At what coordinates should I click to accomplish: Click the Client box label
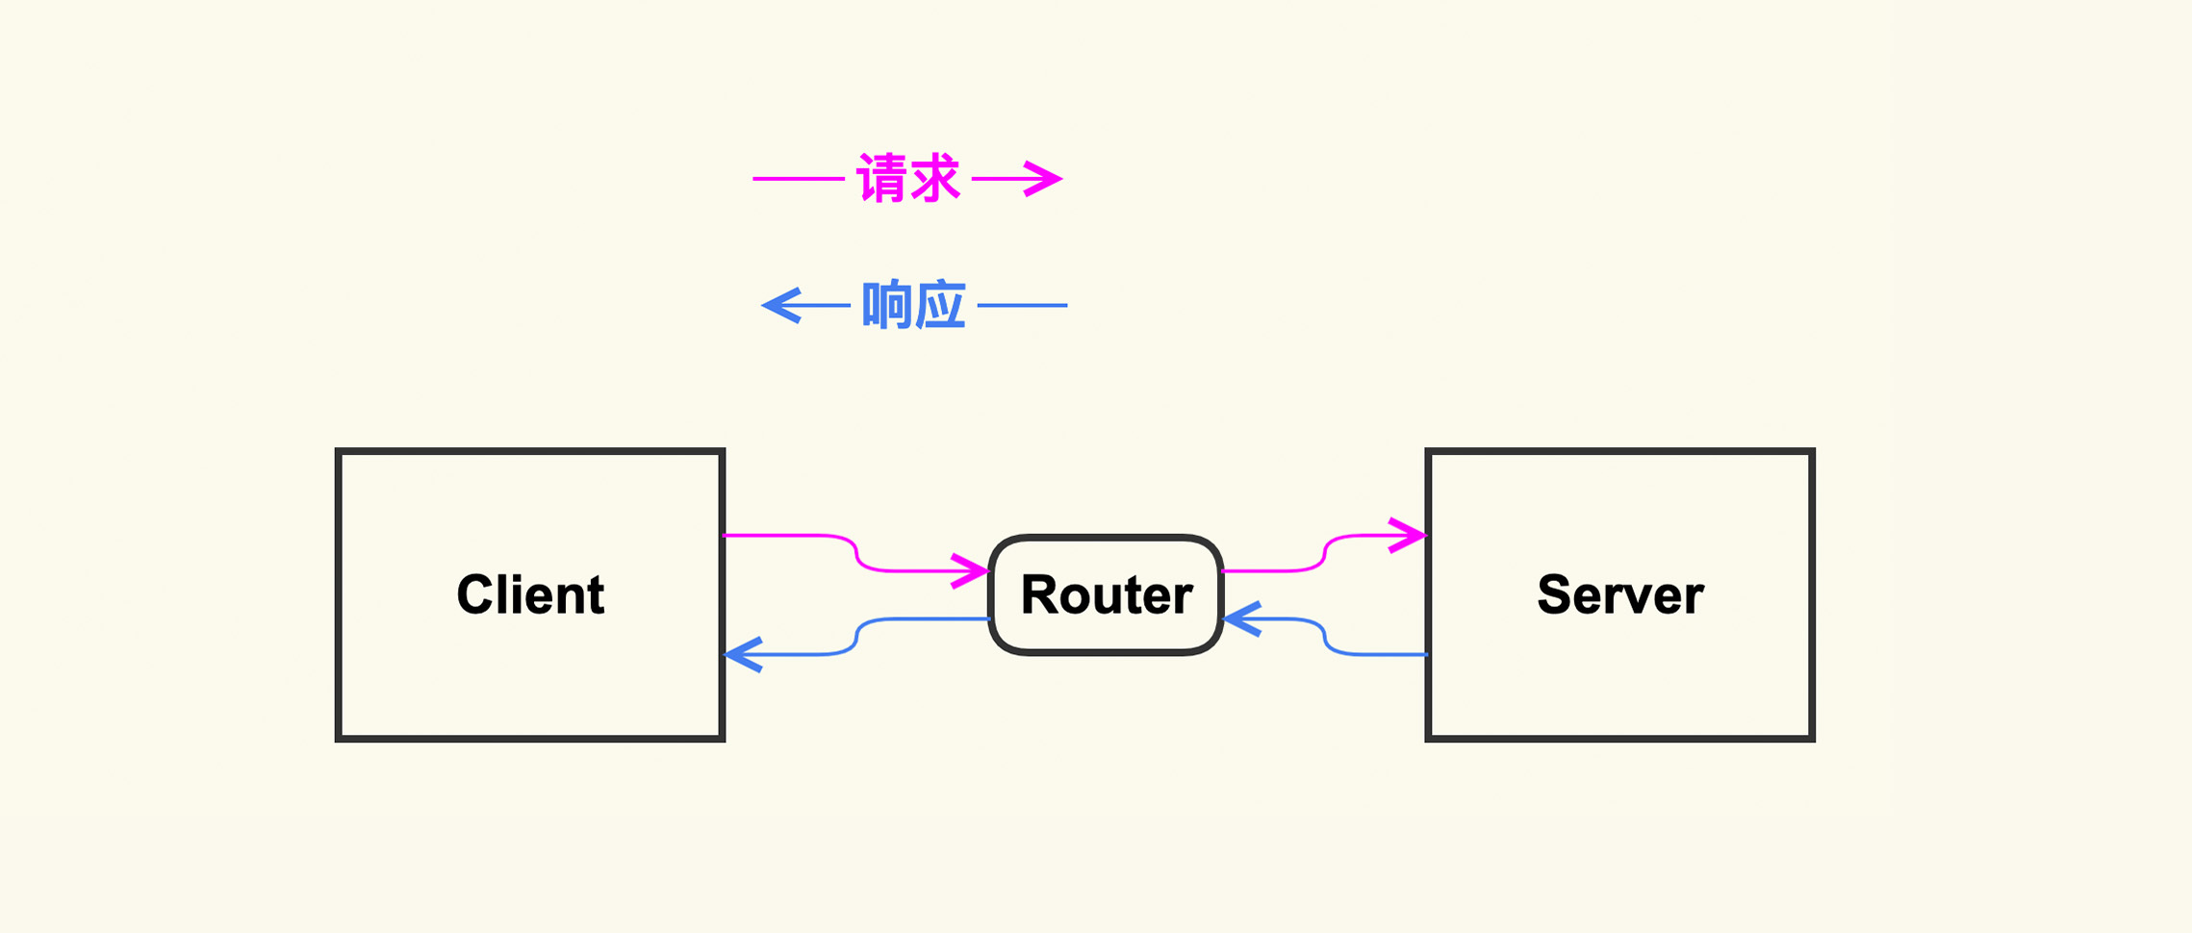pos(530,594)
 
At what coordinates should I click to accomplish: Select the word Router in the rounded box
pos(1107,594)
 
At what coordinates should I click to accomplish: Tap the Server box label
pos(1620,594)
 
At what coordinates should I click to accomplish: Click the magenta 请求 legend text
pos(908,179)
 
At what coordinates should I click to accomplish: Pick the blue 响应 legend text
pos(913,306)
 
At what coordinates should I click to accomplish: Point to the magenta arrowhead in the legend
pos(1045,179)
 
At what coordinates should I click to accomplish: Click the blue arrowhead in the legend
pos(779,306)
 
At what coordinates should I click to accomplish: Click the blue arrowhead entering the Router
pos(1241,619)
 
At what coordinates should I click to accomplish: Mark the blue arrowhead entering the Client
pos(743,654)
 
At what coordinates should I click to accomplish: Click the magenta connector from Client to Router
pos(855,552)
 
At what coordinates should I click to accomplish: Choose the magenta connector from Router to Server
pos(1324,553)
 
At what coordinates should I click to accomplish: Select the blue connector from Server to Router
pos(1324,637)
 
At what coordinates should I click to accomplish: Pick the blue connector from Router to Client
pos(856,637)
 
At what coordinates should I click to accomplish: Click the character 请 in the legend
pos(883,179)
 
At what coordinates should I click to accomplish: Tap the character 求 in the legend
pos(934,179)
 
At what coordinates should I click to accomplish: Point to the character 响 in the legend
pos(887,306)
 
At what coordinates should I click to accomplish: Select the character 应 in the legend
pos(939,306)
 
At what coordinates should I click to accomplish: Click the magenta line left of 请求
pos(799,179)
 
